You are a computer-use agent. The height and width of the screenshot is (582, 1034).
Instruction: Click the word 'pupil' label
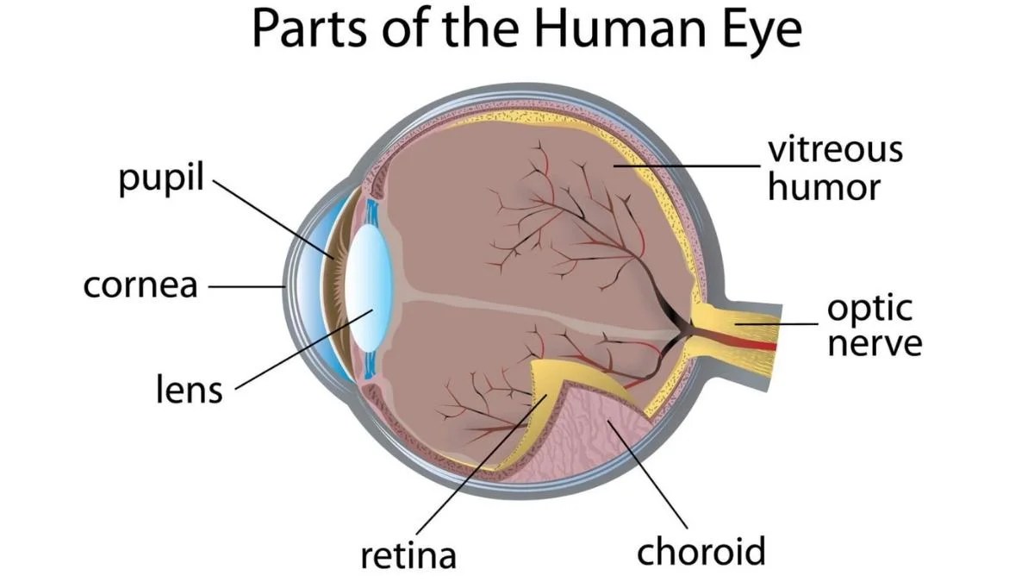click(161, 178)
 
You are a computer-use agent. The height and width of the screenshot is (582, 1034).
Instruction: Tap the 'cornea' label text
click(140, 285)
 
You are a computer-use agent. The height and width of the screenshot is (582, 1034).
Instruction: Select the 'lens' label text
click(190, 390)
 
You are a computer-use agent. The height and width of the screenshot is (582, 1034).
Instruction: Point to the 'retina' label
click(408, 555)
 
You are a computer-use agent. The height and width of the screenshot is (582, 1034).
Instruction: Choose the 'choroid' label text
click(701, 551)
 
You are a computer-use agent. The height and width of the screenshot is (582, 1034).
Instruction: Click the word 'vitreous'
click(836, 149)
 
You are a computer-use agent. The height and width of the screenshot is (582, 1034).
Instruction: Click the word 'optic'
click(870, 309)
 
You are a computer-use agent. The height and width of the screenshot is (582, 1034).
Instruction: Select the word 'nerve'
click(875, 344)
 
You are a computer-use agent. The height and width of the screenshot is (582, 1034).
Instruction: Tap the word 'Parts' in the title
click(309, 28)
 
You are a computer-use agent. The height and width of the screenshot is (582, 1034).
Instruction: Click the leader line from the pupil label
click(273, 219)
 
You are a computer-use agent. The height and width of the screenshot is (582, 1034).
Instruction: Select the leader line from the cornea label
click(247, 286)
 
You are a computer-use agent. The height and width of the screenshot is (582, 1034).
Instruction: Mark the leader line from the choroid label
click(647, 473)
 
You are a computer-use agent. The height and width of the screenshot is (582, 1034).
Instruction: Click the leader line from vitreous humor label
click(687, 166)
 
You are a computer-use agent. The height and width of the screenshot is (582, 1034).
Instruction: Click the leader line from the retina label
click(482, 464)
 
